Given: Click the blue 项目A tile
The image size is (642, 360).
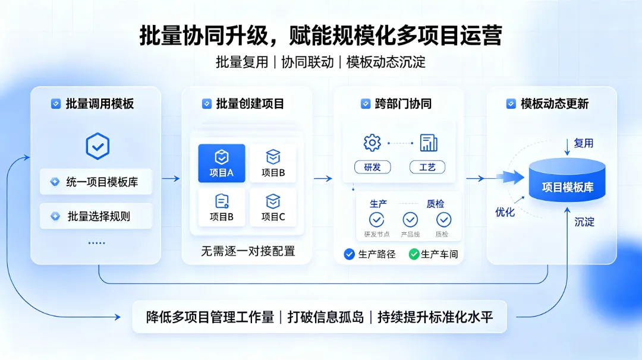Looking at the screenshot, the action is click(222, 163).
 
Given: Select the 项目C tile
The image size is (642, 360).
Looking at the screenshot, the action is click(273, 208).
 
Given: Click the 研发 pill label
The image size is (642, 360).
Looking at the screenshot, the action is click(372, 168).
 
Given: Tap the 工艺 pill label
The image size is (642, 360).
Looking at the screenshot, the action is click(427, 168).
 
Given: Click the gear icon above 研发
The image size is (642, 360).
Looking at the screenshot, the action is click(372, 143).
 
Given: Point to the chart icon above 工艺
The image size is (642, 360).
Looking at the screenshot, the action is click(429, 143).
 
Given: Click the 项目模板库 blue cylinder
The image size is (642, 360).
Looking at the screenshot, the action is click(567, 180).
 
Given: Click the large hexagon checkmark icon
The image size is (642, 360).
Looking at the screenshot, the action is click(97, 146).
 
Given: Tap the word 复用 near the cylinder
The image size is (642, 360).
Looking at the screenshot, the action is click(584, 143).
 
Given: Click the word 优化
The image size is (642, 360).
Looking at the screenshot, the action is click(505, 212).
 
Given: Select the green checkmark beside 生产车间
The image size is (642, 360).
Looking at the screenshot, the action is click(414, 254).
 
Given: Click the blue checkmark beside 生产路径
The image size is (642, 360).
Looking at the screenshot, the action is click(350, 254).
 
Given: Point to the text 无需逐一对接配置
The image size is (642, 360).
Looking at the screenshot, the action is click(248, 251).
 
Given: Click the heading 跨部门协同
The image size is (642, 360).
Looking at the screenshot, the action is click(403, 104).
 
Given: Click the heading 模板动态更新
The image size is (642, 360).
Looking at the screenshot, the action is click(555, 104).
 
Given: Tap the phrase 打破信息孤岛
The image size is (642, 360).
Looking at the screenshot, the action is click(326, 317).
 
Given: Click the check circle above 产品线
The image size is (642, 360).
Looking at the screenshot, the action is click(410, 220).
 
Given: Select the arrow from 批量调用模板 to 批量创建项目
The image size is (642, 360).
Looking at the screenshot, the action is click(171, 178).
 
